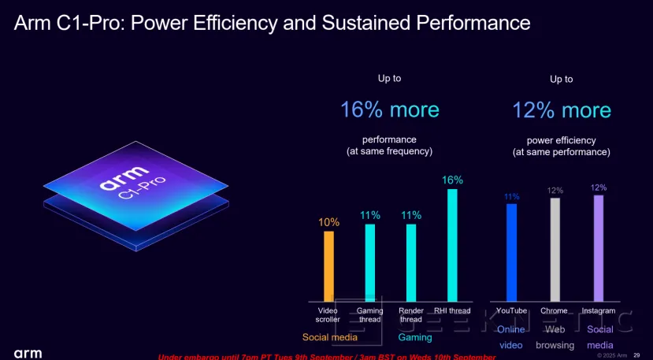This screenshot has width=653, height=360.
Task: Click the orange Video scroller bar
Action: (328, 266)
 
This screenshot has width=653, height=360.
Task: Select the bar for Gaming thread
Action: (370, 263)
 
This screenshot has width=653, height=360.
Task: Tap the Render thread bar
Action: (411, 263)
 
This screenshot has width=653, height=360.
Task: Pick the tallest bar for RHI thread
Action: (453, 245)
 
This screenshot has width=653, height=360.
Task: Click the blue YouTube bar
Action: (511, 253)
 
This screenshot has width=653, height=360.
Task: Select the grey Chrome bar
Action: (555, 250)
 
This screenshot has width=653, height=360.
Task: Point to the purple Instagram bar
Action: (598, 248)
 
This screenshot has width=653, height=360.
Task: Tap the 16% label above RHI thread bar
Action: (453, 180)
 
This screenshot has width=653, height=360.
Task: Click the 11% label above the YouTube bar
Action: (511, 196)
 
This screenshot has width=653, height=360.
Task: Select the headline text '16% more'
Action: (389, 109)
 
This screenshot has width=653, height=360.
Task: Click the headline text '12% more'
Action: (561, 109)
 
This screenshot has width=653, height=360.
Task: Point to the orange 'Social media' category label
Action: (330, 337)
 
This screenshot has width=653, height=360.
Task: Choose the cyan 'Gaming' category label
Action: (414, 337)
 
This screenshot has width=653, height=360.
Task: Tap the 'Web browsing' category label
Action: (555, 337)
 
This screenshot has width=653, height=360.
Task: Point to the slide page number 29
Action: (636, 354)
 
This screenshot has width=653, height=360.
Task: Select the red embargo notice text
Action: (327, 357)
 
